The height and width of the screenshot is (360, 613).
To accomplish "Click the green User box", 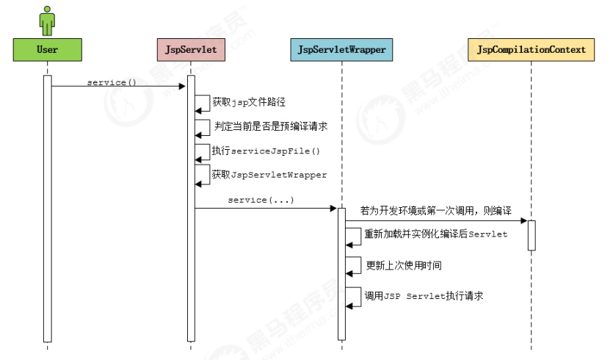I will pos(47,50).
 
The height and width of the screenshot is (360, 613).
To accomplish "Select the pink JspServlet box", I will pos(191,50).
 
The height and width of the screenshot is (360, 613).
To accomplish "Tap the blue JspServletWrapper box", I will pos(341,50).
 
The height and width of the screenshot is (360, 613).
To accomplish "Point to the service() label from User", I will pos(112,82).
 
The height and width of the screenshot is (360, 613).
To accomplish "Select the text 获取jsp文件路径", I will pos(244,102).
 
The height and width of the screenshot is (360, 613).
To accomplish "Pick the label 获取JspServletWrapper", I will pos(269,175).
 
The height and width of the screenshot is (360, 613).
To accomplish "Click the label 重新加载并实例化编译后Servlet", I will pos(436,234).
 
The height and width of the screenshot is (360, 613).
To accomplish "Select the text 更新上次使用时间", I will pos(404,264).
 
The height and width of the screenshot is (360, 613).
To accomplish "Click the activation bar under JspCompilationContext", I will pos(532,235).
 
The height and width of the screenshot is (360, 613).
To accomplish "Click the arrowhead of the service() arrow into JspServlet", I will pos(183,87).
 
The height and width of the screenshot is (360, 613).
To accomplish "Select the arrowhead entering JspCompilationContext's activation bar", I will pos(523,220).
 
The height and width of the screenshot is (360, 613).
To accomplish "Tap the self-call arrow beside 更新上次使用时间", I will pos(354,266).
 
